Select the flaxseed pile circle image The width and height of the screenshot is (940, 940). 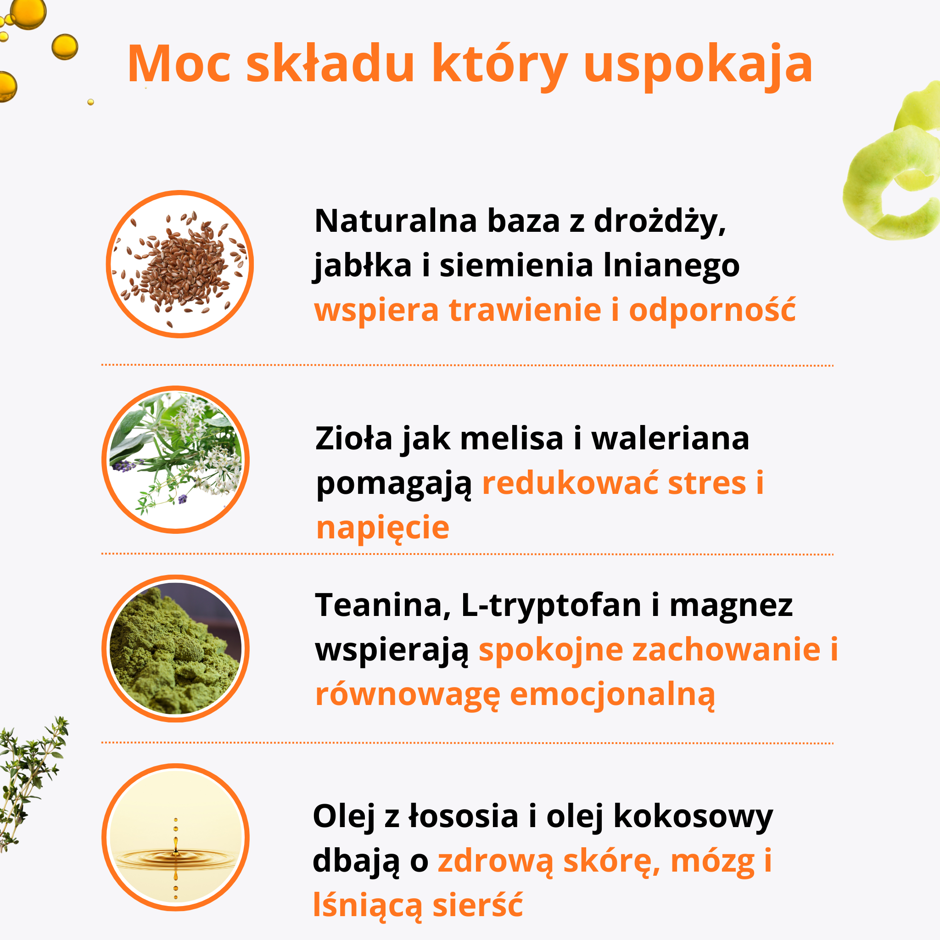[x=179, y=264]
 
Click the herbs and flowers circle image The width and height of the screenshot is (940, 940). [x=176, y=460]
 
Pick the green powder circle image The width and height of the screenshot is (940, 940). [x=176, y=649]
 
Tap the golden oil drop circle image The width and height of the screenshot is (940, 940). [x=176, y=837]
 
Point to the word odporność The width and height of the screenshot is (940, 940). [x=712, y=310]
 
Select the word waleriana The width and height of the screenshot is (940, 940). [x=671, y=438]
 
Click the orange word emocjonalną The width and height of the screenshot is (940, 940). [x=613, y=695]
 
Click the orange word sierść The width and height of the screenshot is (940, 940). [x=478, y=905]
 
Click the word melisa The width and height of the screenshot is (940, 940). [x=512, y=438]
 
